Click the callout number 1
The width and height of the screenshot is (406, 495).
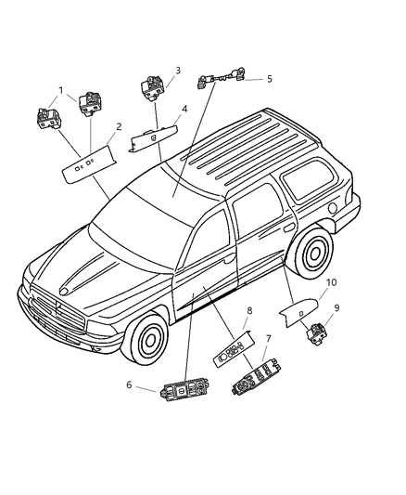[60, 90]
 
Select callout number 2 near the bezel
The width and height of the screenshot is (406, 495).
[119, 127]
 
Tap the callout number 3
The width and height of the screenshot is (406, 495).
[177, 71]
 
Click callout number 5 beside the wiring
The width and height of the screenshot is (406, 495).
[269, 79]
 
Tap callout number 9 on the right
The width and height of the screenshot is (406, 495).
[336, 307]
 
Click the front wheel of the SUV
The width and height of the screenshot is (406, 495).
[146, 343]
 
